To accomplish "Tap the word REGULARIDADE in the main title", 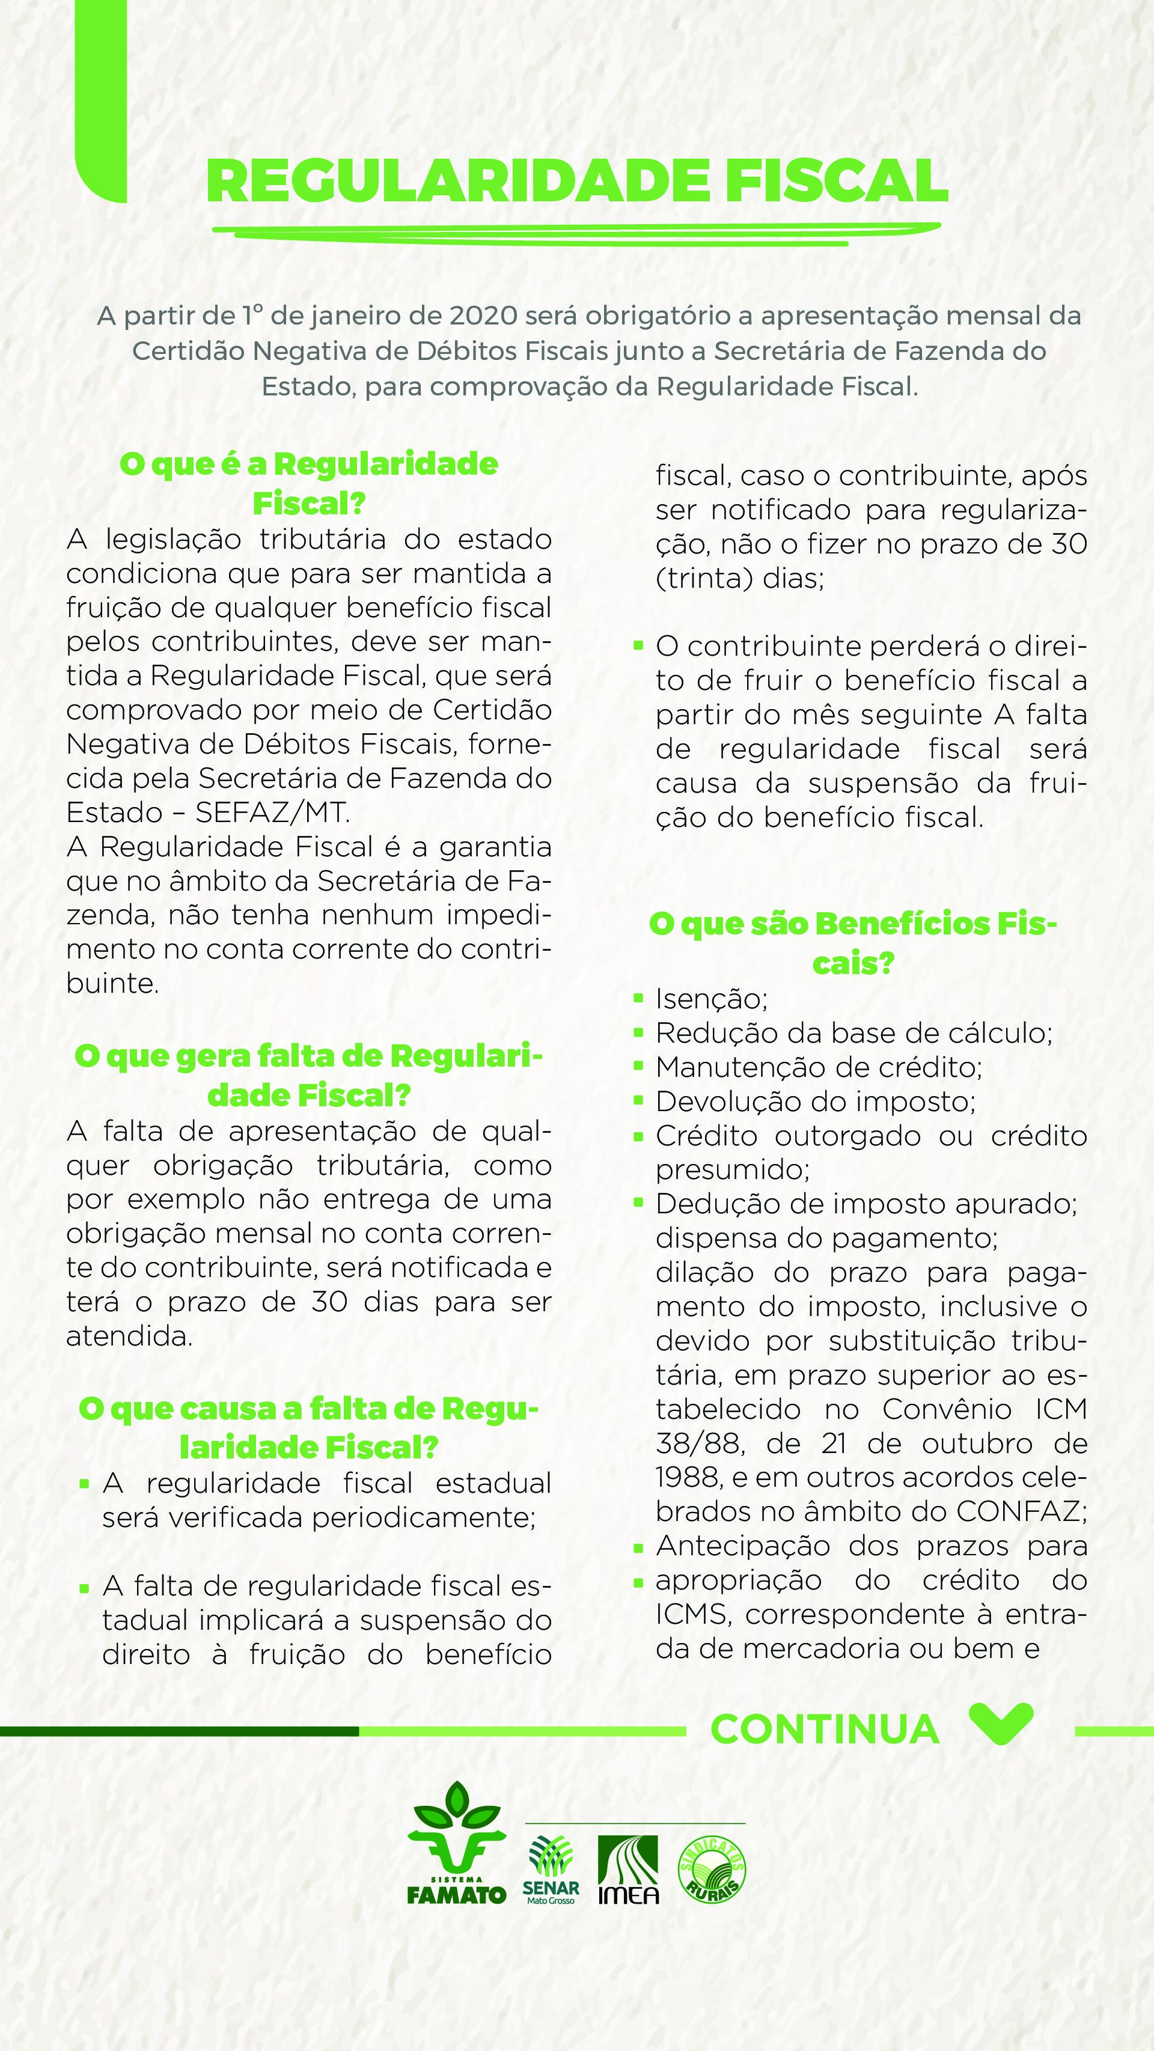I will point(457,182).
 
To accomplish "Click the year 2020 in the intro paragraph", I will point(483,316).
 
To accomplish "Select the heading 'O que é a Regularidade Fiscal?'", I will point(309,483).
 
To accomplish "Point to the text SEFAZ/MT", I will point(272,812).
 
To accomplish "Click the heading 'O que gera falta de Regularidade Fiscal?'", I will point(309,1076).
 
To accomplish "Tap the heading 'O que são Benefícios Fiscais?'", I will point(853,943).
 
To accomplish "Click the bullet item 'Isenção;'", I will point(711,998).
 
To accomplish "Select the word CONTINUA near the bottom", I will point(824,1729).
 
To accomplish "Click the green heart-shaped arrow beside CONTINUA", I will point(1001,1723).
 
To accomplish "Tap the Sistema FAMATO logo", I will point(456,1853).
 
